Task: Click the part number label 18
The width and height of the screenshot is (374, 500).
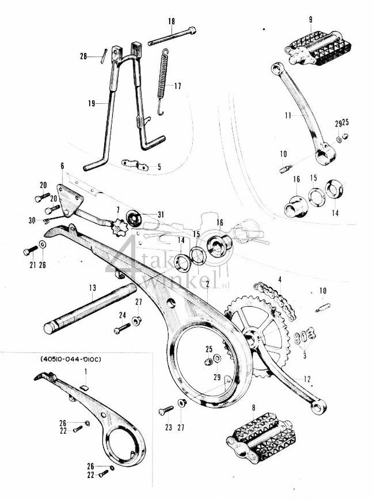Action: pyautogui.click(x=171, y=21)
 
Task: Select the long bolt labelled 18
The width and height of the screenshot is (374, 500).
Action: pyautogui.click(x=173, y=36)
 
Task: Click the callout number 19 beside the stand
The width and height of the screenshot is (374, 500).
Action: pyautogui.click(x=91, y=103)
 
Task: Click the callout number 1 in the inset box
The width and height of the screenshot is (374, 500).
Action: pyautogui.click(x=86, y=370)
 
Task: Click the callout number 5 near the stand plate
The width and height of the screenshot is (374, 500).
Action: pyautogui.click(x=160, y=167)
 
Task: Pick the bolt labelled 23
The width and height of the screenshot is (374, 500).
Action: pyautogui.click(x=164, y=411)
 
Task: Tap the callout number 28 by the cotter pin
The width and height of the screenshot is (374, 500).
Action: pyautogui.click(x=83, y=56)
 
